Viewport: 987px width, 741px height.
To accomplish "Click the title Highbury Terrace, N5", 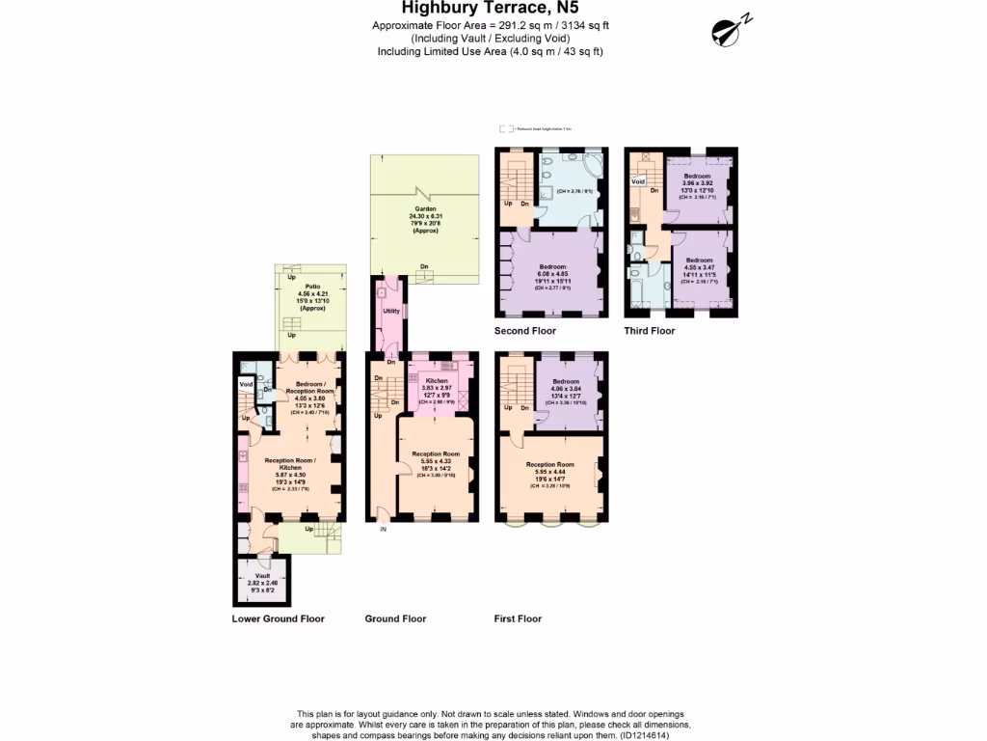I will [x=493, y=10].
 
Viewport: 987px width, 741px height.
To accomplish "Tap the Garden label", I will [x=425, y=208].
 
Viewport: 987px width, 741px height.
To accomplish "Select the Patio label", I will [x=306, y=287].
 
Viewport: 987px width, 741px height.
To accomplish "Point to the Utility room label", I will [x=391, y=311].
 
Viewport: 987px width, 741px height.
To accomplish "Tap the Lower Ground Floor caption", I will [x=279, y=618].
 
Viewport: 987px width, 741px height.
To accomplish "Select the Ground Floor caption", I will [x=395, y=618].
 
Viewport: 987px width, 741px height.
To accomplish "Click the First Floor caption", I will [x=518, y=618].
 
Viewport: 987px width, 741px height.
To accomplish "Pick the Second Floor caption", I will [x=525, y=331].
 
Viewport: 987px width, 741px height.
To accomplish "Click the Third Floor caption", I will [x=650, y=331].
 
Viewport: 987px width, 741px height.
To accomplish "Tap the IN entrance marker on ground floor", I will [x=383, y=529].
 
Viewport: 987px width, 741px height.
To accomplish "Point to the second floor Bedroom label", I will [x=552, y=266].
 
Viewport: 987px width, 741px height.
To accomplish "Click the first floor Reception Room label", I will [x=549, y=464].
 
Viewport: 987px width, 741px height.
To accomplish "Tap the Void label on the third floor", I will [x=637, y=181].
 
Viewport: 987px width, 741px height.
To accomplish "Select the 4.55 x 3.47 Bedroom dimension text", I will [x=699, y=267].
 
